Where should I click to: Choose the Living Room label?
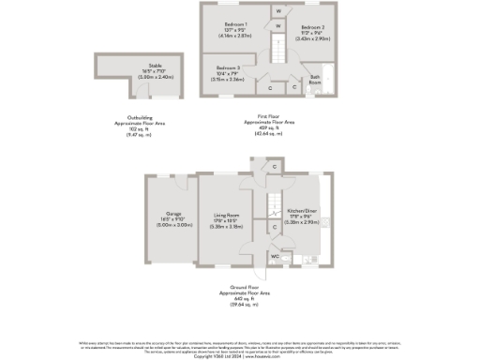point(229,215)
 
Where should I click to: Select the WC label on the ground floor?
point(275,256)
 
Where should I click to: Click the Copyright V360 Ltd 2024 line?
point(239,356)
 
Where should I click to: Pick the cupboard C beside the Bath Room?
point(294,87)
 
